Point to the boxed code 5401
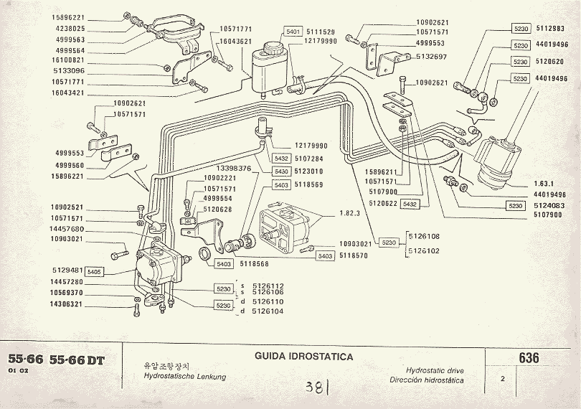click(x=293, y=32)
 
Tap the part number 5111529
click(x=321, y=32)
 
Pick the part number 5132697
click(x=433, y=56)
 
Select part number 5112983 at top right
click(x=550, y=29)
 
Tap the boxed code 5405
click(x=95, y=272)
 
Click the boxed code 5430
click(x=281, y=171)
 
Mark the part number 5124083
click(x=550, y=206)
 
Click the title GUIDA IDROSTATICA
click(x=303, y=357)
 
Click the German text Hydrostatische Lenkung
click(x=184, y=377)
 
